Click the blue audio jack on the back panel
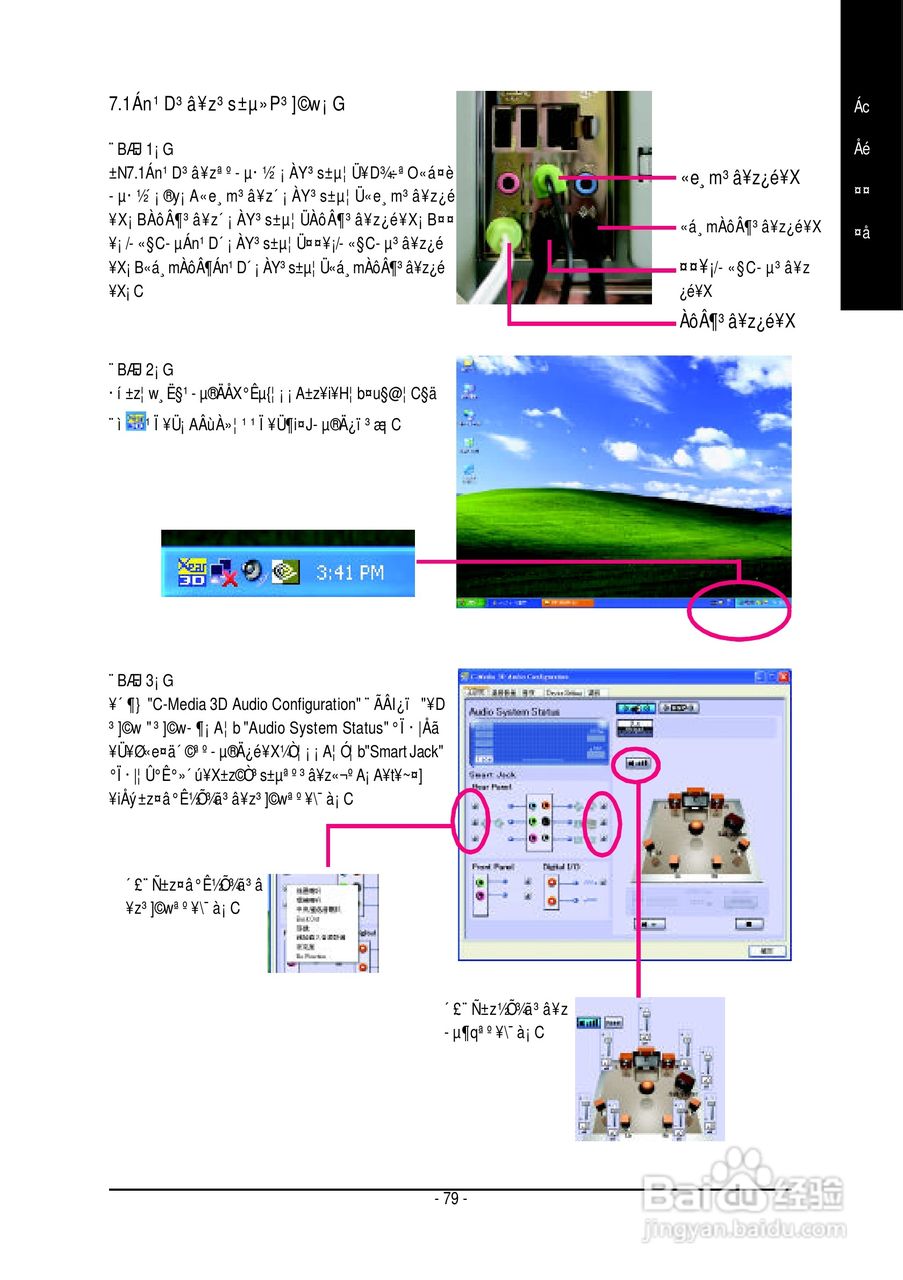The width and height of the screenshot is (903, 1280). tap(587, 184)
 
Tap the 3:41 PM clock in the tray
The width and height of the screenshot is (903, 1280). tap(350, 573)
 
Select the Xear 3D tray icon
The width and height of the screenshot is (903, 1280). tap(192, 570)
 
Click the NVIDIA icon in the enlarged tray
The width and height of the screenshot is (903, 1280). tap(286, 571)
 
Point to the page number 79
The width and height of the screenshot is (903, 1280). tap(451, 1199)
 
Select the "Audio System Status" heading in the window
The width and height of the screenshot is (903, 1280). tap(514, 711)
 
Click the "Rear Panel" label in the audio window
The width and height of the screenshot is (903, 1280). tap(490, 786)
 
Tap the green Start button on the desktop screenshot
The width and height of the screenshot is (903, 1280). tap(470, 604)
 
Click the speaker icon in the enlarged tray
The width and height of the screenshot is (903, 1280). tap(252, 571)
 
